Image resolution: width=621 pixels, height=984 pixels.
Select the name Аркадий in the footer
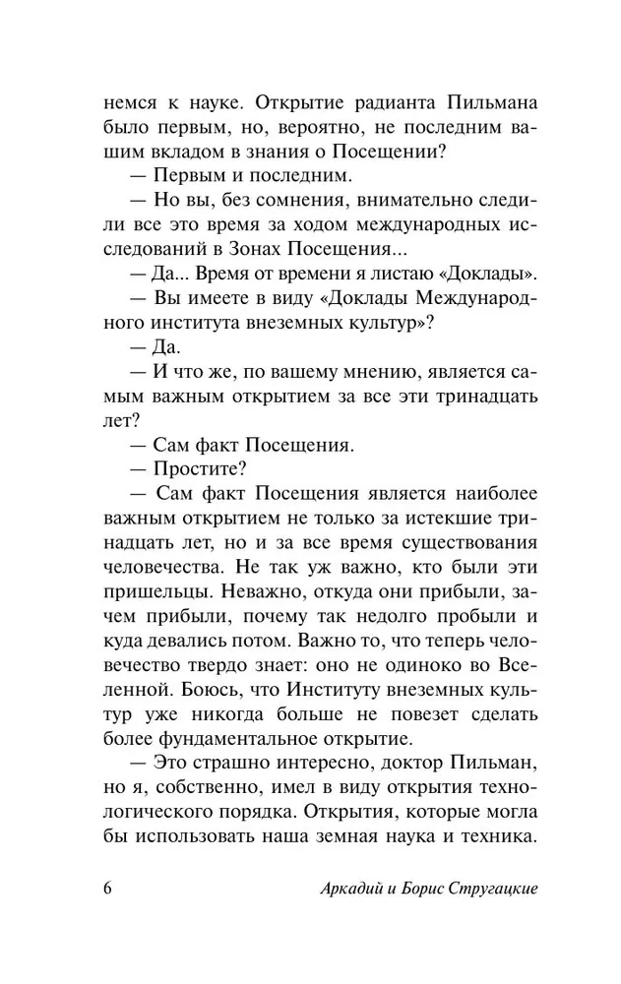tap(353, 887)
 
